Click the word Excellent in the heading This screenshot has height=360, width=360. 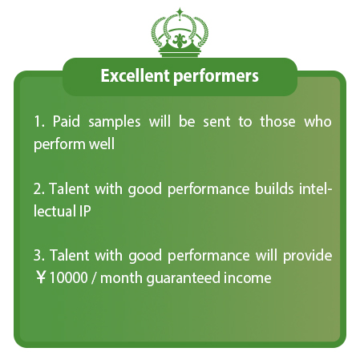point(136,75)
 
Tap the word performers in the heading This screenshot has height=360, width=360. point(216,77)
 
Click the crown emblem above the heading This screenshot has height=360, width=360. point(180,32)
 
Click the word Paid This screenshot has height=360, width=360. point(67,121)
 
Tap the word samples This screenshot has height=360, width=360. point(115,123)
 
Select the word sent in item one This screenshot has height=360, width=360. point(216,122)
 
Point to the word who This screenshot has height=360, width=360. point(318,122)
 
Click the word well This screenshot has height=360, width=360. point(102,144)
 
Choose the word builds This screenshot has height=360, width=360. point(274,188)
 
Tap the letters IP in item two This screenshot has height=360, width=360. point(85,211)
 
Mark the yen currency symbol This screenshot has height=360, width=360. point(41,277)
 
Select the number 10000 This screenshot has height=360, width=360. point(69,277)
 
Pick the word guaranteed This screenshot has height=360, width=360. point(183,279)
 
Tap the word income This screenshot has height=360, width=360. point(248,277)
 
